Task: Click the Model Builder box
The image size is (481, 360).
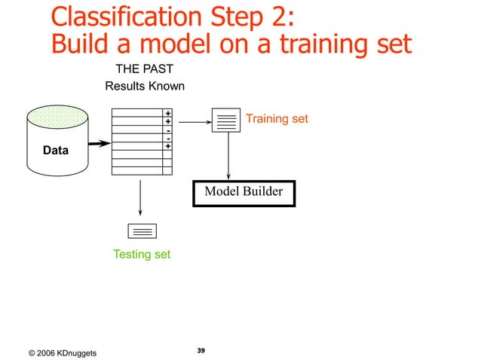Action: [x=244, y=192]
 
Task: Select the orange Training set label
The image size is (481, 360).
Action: [x=277, y=119]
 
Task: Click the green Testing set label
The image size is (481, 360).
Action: [x=142, y=255]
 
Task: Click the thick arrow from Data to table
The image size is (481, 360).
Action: [x=96, y=143]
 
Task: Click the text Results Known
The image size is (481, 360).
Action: [x=145, y=86]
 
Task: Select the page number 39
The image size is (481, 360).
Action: [x=201, y=350]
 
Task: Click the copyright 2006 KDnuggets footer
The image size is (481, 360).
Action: [x=62, y=353]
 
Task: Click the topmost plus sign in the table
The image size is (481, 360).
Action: [x=167, y=113]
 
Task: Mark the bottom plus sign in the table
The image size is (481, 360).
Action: [x=167, y=146]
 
